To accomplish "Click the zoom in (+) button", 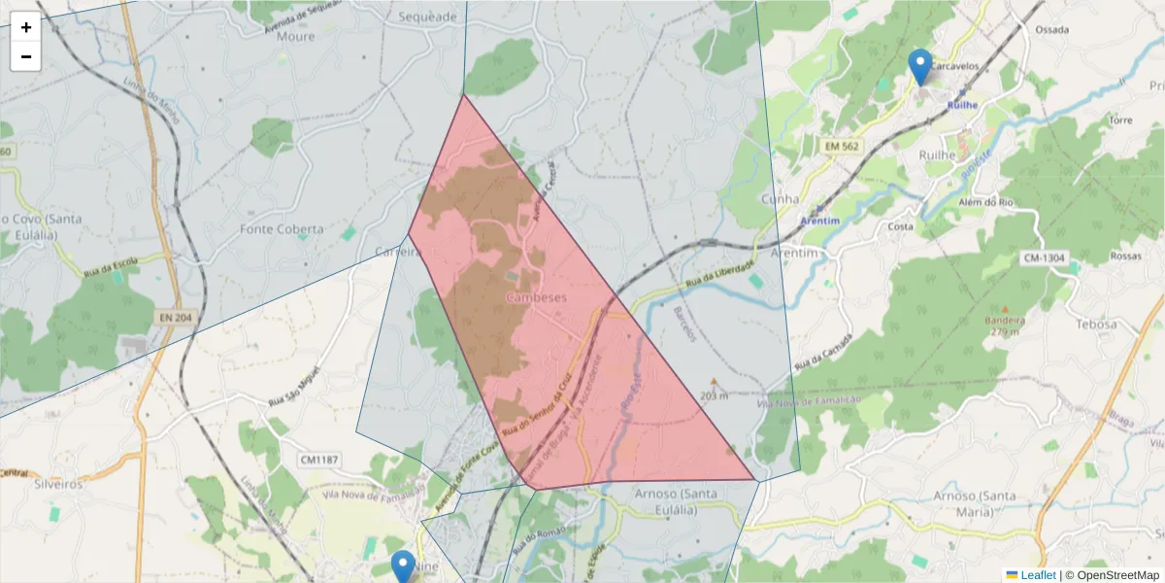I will click(26, 27).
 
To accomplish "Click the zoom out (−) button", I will click(26, 56).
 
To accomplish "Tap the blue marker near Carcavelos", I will click(919, 66).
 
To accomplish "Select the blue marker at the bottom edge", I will click(403, 566).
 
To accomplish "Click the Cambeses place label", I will click(536, 297).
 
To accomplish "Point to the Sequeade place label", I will click(427, 17).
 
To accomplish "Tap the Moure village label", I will click(296, 36).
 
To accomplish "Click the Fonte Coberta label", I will click(282, 229).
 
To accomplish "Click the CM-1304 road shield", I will click(1045, 257).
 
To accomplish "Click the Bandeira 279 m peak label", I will click(1005, 326).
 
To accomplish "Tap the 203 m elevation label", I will click(714, 395).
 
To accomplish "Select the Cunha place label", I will click(781, 199).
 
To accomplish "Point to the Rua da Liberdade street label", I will click(719, 273).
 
